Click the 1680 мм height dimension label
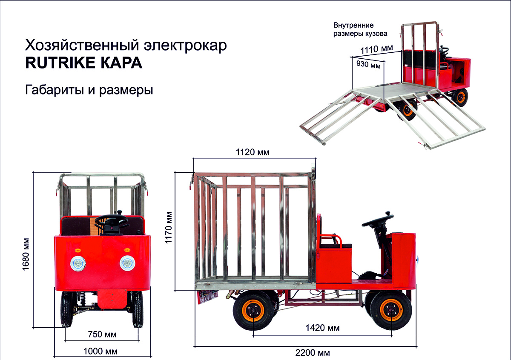click(26, 254)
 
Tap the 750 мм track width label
click(102, 334)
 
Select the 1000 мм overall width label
click(100, 351)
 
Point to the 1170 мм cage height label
click(169, 228)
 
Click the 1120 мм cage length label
click(253, 152)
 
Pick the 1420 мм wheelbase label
click(322, 328)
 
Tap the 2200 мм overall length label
click(313, 353)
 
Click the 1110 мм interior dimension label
click(376, 49)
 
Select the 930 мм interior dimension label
click(368, 65)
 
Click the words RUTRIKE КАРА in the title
click(84, 63)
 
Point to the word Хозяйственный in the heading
click(82, 46)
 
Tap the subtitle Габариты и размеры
click(89, 90)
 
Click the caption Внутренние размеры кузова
click(360, 29)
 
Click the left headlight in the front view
click(78, 264)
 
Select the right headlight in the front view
click(127, 263)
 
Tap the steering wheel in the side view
click(378, 220)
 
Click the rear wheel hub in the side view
click(253, 311)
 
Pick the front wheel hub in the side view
click(391, 310)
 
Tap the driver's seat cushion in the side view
click(336, 246)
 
